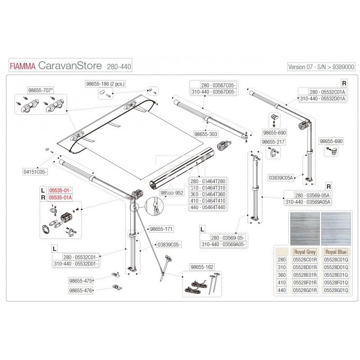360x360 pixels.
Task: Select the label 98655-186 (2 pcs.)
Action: point(107,84)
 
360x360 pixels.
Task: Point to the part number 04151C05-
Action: point(35,172)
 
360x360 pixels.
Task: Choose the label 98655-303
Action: point(206,134)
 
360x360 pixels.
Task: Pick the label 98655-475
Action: point(81,280)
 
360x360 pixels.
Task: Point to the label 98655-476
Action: point(81,291)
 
